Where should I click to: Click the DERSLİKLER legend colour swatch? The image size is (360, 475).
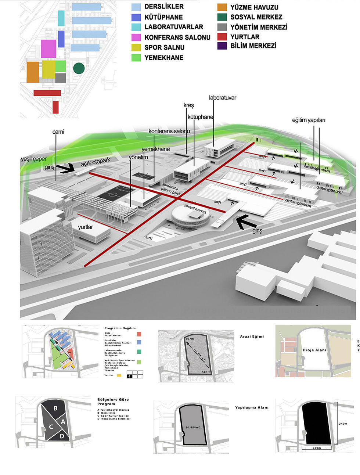pyautogui.click(x=136, y=7)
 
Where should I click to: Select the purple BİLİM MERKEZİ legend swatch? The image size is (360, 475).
pyautogui.click(x=222, y=46)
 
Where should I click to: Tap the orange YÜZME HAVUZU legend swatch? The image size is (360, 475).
pyautogui.click(x=222, y=7)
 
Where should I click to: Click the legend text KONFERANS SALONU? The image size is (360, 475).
pyautogui.click(x=177, y=37)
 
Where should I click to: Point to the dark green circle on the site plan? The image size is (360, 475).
pyautogui.click(x=79, y=68)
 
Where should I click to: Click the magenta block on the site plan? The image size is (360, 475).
pyautogui.click(x=48, y=49)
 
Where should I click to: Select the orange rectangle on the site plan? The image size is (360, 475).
pyautogui.click(x=33, y=72)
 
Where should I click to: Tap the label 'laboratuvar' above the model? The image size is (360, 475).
pyautogui.click(x=222, y=98)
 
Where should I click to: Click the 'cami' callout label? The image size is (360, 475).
pyautogui.click(x=58, y=132)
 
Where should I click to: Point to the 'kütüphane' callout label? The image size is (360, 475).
pyautogui.click(x=200, y=117)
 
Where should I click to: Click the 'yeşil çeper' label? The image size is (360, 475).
pyautogui.click(x=34, y=159)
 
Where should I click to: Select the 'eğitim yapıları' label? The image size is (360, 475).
pyautogui.click(x=309, y=120)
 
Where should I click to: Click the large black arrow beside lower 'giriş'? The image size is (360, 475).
pyautogui.click(x=245, y=222)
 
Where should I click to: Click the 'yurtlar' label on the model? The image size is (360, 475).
pyautogui.click(x=85, y=227)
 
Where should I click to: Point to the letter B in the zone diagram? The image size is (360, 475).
pyautogui.click(x=55, y=408)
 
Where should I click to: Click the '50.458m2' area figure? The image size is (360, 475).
pyautogui.click(x=193, y=427)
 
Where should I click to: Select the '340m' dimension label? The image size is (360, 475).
pyautogui.click(x=343, y=424)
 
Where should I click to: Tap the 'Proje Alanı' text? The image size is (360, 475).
pyautogui.click(x=314, y=350)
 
